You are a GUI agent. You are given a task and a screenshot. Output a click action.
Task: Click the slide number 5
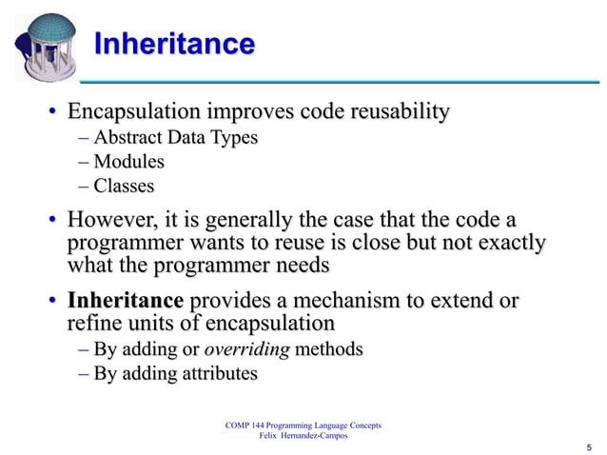pyautogui.click(x=589, y=446)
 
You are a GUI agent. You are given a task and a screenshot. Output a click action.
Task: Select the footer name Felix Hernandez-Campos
pyautogui.click(x=301, y=435)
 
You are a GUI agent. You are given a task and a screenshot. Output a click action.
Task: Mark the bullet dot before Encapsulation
pyautogui.click(x=53, y=115)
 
